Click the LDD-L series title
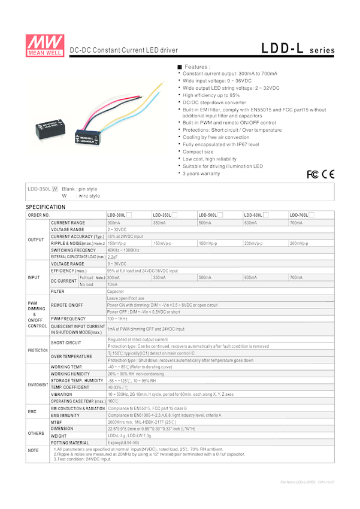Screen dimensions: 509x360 pos(298,49)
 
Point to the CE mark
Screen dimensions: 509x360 pos(328,174)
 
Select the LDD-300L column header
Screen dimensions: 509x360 pos(117,215)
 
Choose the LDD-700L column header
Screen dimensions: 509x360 pos(300,215)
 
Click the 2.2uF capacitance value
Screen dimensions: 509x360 pos(113,257)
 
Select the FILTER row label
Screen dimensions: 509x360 pos(58,292)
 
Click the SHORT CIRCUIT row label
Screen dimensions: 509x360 pos(65,343)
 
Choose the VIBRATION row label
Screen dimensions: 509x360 pos(62,395)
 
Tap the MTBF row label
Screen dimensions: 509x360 pos(57,422)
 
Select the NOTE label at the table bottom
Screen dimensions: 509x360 pos(33,450)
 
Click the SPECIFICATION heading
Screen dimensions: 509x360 pos(46,207)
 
